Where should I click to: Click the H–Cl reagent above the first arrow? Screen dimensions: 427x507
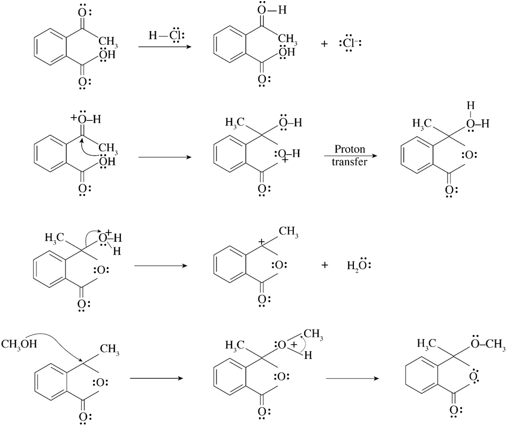(166, 35)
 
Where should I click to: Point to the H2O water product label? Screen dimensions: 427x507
(360, 265)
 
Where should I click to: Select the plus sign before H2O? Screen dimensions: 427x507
(324, 265)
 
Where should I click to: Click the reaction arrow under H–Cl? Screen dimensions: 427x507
(165, 47)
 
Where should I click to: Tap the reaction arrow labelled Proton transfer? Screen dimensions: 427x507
(350, 156)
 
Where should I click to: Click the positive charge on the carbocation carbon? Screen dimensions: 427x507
(262, 243)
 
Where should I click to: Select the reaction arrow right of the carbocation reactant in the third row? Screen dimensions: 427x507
(160, 265)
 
